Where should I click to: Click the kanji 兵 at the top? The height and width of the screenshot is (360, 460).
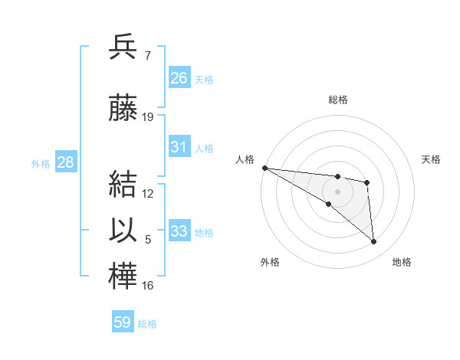click(123, 47)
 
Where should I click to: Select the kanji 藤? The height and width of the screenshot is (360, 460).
click(123, 110)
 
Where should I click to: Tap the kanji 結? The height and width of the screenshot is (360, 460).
click(123, 186)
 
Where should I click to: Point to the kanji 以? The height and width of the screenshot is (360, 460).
click(123, 233)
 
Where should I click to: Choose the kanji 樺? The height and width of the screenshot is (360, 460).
click(123, 277)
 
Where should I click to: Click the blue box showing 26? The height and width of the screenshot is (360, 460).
click(179, 77)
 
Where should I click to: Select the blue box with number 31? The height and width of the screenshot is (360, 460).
click(179, 147)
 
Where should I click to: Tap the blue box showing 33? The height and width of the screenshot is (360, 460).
click(179, 231)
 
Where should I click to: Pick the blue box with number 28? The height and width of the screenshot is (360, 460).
click(65, 162)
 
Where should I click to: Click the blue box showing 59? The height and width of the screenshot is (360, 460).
click(123, 322)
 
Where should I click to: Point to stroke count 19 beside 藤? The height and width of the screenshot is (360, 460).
click(148, 117)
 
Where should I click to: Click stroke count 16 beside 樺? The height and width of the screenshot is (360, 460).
click(148, 286)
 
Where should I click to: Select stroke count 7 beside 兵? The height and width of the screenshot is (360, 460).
click(147, 56)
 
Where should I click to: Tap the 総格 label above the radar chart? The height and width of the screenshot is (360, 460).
click(338, 100)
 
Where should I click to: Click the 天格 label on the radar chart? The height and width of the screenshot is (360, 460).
click(432, 159)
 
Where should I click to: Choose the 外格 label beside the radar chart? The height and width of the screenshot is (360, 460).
click(270, 262)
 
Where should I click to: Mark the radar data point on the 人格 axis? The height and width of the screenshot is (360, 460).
click(264, 168)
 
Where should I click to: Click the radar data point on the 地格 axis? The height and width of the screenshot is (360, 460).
click(374, 242)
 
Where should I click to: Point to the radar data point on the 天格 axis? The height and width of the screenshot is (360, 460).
click(367, 182)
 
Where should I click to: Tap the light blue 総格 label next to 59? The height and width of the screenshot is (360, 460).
click(148, 324)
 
